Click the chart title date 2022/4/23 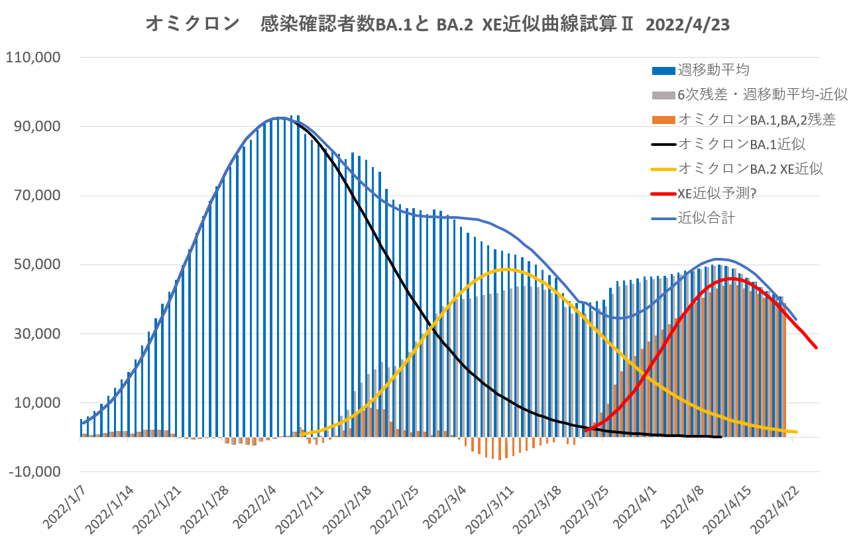point(688,25)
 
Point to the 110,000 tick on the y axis point(33,58)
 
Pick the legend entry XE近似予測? point(718,193)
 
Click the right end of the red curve point(817,347)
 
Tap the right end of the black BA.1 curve point(720,437)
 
